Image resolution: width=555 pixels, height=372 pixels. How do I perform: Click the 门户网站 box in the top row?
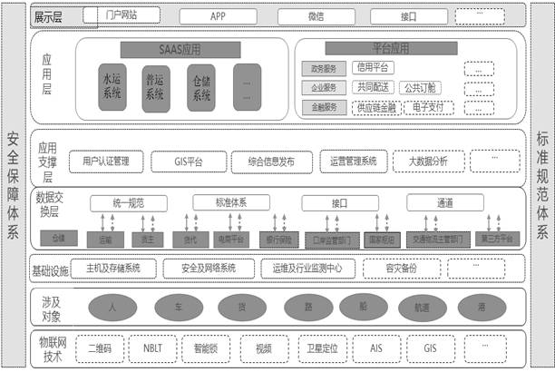121,15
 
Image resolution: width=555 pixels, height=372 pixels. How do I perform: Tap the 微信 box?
316,16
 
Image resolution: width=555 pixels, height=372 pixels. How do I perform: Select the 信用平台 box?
375,67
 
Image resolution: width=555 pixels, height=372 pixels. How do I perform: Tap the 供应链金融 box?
375,107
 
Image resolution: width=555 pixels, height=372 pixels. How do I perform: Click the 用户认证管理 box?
106,162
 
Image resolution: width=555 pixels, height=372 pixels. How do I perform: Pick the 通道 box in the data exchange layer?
443,202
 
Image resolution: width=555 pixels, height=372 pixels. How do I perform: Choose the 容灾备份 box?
400,268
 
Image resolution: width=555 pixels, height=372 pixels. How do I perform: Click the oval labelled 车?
175,306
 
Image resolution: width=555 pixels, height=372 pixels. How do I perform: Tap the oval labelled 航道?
423,306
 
